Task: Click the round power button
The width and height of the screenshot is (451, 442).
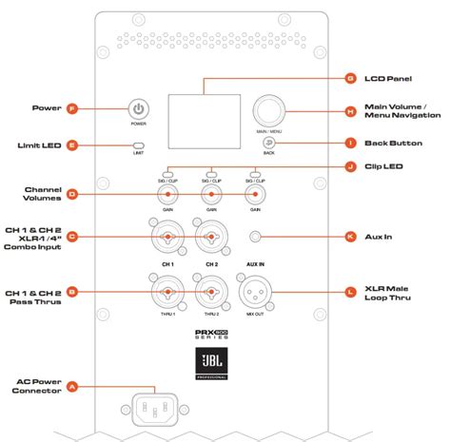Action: point(139,109)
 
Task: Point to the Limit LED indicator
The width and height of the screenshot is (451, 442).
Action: point(139,146)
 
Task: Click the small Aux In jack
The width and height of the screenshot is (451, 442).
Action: point(254,238)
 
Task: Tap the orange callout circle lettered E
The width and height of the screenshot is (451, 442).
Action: point(72,145)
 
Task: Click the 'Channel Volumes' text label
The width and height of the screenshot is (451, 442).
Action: point(40,194)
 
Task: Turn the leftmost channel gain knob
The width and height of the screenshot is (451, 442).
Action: point(166,195)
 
